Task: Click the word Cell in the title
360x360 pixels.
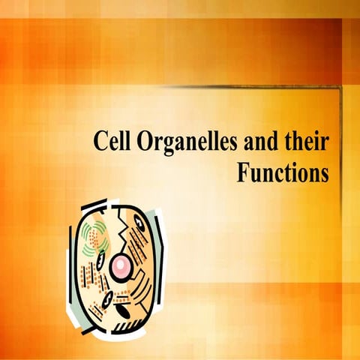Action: [112, 141]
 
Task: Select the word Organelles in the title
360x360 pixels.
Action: [187, 143]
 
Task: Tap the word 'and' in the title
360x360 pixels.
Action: [261, 141]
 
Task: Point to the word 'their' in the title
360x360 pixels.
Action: [306, 141]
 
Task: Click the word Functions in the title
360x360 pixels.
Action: [283, 172]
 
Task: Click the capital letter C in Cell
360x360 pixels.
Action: [100, 141]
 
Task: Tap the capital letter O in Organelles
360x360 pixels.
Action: [145, 141]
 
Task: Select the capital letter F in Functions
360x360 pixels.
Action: [243, 172]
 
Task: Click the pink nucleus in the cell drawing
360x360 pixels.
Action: [121, 265]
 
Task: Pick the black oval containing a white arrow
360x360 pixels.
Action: [139, 223]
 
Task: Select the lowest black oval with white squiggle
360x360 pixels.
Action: [109, 298]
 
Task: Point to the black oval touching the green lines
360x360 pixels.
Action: [101, 259]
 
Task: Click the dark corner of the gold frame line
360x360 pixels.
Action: [339, 88]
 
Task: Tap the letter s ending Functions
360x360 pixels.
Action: [325, 175]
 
